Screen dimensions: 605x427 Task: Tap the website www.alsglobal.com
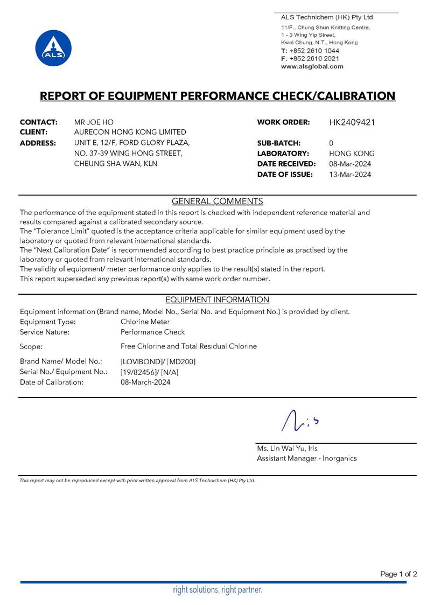tap(312, 66)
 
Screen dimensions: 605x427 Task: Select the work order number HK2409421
tap(352, 122)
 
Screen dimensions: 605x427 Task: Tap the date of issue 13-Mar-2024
tap(350, 174)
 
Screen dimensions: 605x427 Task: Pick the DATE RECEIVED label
tap(286, 164)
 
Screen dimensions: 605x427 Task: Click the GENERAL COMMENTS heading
tap(217, 201)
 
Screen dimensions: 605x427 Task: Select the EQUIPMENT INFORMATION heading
tap(217, 300)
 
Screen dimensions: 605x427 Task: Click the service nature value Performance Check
tap(152, 332)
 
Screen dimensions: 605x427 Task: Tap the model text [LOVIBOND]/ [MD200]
tap(158, 361)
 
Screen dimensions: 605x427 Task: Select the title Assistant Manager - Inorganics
tap(306, 458)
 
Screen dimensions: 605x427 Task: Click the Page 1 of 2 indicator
tap(398, 574)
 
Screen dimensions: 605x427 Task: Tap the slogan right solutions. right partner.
tap(218, 590)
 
